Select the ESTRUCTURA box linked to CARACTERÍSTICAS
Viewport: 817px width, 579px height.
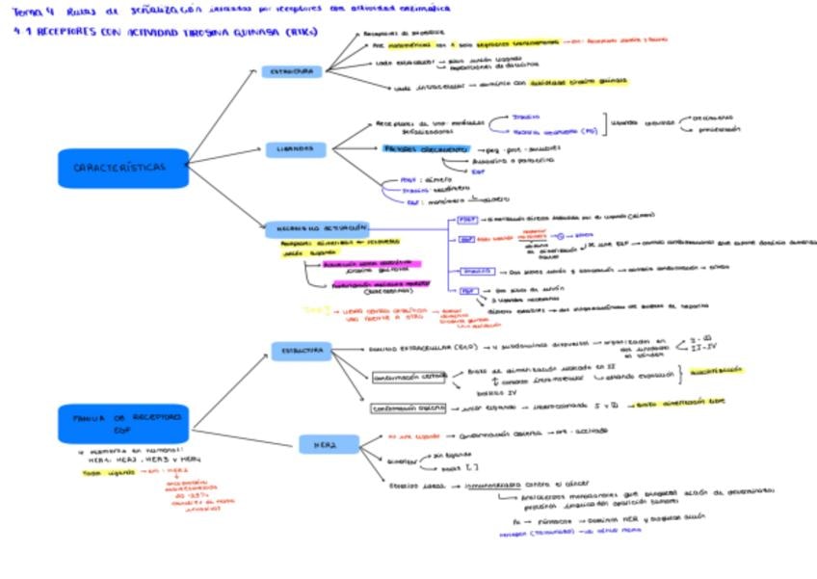291,72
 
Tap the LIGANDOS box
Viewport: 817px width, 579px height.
297,149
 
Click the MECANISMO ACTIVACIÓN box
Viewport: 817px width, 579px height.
316,228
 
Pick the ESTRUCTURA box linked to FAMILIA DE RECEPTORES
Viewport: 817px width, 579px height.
301,351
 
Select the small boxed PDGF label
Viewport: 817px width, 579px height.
467,219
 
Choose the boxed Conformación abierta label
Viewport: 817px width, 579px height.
408,408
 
